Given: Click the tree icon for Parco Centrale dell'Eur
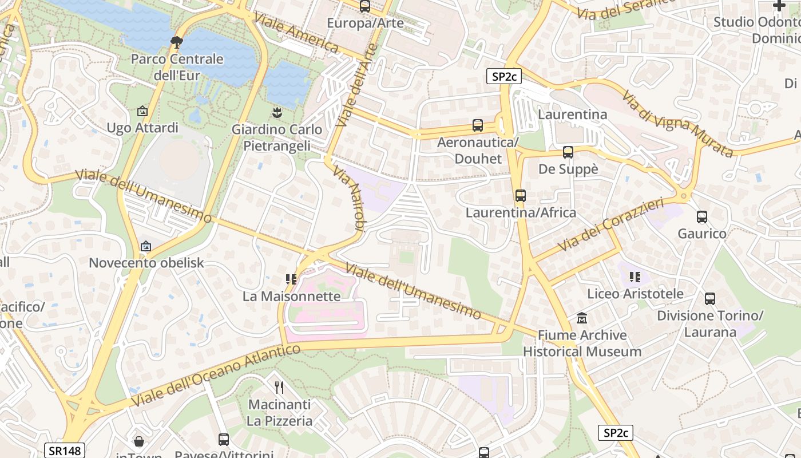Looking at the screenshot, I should coord(177,41).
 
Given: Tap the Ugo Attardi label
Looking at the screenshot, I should coord(142,128).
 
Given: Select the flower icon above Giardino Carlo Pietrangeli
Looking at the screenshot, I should coord(277,112).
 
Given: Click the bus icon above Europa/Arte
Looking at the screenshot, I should coord(364,6).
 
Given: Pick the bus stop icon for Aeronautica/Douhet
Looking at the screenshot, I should coord(478,125).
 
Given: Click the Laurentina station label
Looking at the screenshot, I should coord(572,114).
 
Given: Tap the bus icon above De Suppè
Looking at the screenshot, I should coord(568,152).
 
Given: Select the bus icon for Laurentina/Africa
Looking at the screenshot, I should coord(520,196).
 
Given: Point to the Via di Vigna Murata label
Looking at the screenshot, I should coord(677,124).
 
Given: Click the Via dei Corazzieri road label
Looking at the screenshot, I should coord(610,224).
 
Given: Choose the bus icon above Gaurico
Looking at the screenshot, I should coord(701,217).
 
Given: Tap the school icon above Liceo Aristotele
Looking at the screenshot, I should coord(635,277).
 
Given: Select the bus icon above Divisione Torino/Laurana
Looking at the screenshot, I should coord(709,299).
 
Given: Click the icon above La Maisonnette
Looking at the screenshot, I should coord(291,279).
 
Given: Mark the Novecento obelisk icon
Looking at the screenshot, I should coord(146,246).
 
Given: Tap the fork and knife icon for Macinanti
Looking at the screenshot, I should coord(279,388).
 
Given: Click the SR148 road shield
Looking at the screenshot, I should coord(65,451).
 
